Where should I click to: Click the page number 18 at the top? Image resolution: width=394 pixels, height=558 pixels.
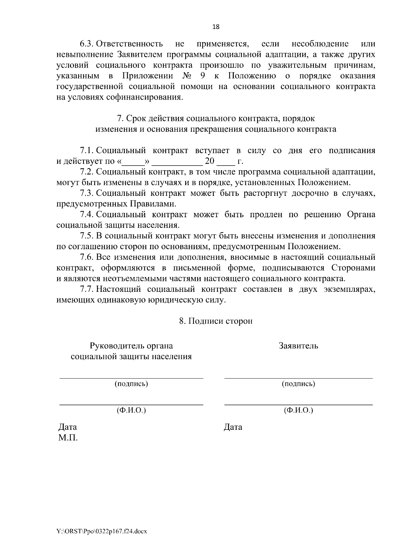click(x=216, y=27)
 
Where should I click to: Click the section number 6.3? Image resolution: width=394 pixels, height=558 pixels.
click(x=87, y=44)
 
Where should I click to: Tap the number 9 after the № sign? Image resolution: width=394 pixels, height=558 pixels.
click(x=202, y=76)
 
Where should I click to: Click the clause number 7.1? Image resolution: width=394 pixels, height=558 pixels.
click(x=87, y=151)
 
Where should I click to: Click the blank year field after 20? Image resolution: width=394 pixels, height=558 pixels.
click(x=226, y=162)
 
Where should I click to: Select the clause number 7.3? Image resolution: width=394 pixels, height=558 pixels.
click(x=87, y=193)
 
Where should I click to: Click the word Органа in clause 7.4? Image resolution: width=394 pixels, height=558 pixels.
click(x=361, y=215)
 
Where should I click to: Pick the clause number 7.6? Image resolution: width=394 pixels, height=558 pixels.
click(x=87, y=257)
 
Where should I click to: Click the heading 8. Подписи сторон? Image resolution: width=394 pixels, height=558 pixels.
click(x=216, y=321)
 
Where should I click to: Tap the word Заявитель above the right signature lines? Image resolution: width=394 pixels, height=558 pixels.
click(x=298, y=346)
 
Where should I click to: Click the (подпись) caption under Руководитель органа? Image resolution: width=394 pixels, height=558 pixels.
click(x=131, y=384)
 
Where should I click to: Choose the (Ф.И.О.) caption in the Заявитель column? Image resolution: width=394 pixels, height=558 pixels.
click(x=298, y=410)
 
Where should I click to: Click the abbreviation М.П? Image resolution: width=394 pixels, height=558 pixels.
click(x=68, y=438)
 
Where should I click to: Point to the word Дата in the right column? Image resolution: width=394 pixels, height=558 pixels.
click(x=233, y=427)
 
